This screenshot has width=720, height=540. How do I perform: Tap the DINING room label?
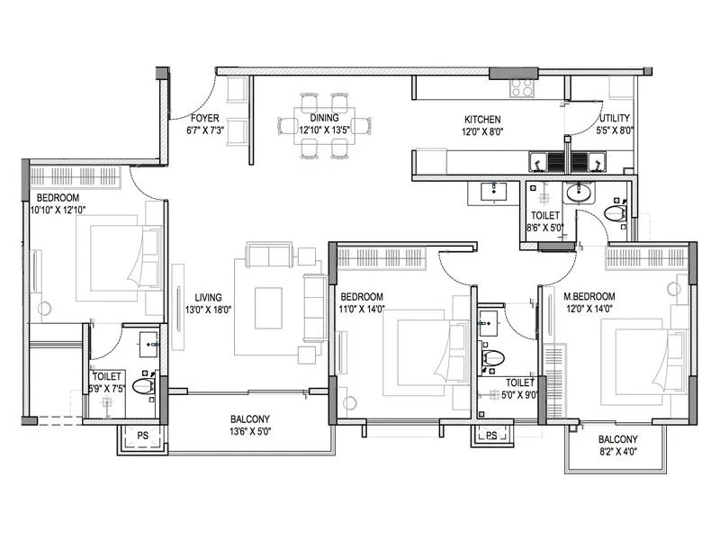(x=324, y=118)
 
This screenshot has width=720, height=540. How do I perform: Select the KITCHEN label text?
(x=481, y=119)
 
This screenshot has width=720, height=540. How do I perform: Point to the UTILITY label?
(x=615, y=118)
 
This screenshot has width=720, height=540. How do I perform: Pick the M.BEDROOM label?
(x=589, y=296)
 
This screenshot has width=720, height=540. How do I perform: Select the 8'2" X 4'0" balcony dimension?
(x=617, y=452)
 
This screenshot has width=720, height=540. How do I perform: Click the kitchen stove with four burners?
(x=523, y=87)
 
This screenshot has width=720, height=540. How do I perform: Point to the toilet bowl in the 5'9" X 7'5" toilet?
(x=144, y=386)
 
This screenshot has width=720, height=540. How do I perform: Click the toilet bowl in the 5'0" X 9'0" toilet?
(x=492, y=357)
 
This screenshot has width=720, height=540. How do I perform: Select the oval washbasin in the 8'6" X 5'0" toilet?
(x=577, y=192)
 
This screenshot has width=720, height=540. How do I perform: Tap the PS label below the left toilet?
(x=142, y=436)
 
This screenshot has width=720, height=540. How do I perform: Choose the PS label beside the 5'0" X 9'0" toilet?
(x=490, y=436)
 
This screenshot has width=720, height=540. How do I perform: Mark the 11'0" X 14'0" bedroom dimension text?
(x=361, y=309)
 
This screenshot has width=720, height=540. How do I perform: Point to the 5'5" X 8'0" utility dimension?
(x=616, y=130)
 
